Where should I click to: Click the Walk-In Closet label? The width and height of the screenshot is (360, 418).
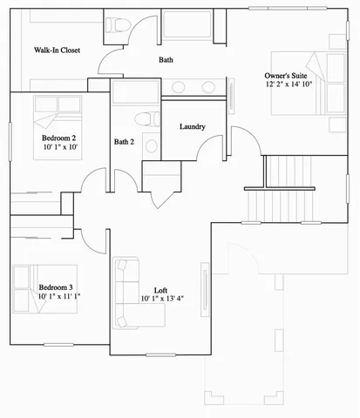point(58,51)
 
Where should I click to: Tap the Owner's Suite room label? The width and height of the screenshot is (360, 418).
point(287,76)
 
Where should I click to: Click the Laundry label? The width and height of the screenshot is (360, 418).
point(192,127)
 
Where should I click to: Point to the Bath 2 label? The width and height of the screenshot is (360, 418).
point(125,141)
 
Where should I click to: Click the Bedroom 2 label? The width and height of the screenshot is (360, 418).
point(58,138)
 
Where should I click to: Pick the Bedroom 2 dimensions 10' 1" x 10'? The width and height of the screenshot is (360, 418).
point(58,148)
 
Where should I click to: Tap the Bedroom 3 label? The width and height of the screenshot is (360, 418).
point(55,287)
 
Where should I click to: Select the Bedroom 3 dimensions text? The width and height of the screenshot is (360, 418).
point(58,296)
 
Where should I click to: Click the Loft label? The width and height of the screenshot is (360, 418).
point(160,290)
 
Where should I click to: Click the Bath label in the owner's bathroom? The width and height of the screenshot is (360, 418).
point(166,60)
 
